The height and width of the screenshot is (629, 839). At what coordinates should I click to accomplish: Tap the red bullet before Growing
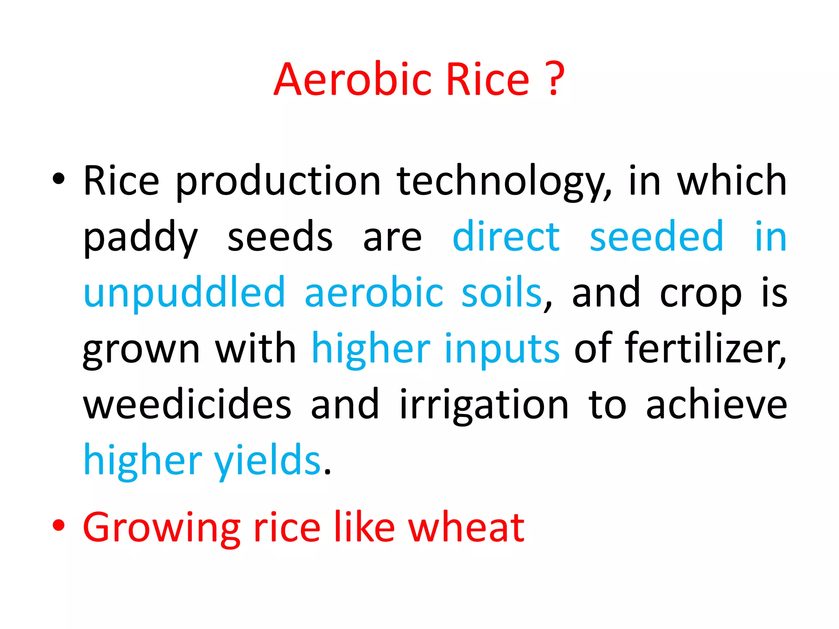pyautogui.click(x=59, y=525)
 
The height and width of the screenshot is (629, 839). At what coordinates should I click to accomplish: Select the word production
pyautogui.click(x=279, y=182)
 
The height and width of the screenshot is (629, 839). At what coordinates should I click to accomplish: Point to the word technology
pyautogui.click(x=504, y=182)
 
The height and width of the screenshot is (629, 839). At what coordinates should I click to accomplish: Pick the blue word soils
pyautogui.click(x=501, y=292)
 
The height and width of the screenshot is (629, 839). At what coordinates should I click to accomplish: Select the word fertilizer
pyautogui.click(x=705, y=348)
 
